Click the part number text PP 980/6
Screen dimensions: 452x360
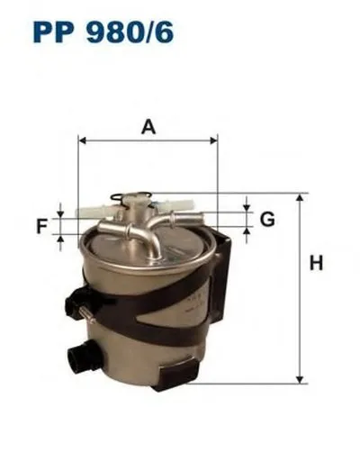tap(103, 34)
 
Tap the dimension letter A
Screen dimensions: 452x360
tap(148, 128)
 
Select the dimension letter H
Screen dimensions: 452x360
tap(316, 264)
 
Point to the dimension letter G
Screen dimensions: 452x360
tap(267, 219)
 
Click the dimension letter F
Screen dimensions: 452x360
tap(41, 226)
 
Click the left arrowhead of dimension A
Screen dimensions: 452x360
tap(83, 140)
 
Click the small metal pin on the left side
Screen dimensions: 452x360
tap(85, 312)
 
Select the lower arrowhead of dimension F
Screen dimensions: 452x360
tap(60, 240)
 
